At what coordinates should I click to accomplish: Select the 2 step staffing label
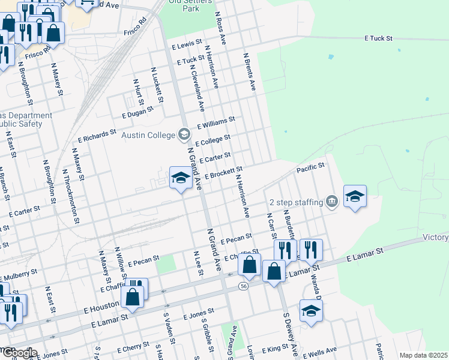pos(297,202)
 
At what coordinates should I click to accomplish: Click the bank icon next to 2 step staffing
pos(331,202)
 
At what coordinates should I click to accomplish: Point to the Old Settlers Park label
pos(184,5)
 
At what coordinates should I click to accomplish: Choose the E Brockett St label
pos(224,173)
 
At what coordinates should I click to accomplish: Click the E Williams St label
pos(215,124)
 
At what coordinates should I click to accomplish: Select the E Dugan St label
pos(138,111)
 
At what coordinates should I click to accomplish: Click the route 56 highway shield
pos(243,284)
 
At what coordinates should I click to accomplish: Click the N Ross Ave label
pos(220,30)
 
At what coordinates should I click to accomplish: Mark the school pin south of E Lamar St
pos(311,311)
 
